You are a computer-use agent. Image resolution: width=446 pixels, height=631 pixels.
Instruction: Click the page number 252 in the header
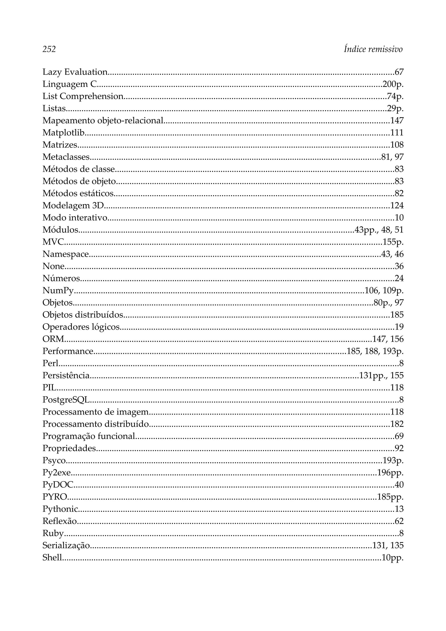[x=49, y=49]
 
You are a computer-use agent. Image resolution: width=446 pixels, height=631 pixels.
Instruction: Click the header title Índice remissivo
[x=373, y=49]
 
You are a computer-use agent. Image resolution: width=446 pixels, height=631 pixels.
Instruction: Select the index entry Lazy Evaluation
[x=75, y=72]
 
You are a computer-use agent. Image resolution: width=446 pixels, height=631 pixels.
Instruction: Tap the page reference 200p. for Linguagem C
[x=393, y=84]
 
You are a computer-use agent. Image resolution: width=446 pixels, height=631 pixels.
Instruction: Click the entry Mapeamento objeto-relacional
[x=103, y=120]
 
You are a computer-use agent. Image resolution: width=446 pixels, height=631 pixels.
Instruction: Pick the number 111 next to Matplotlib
[x=397, y=133]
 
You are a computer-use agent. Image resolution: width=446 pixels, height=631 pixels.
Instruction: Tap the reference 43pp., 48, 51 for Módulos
[x=379, y=230]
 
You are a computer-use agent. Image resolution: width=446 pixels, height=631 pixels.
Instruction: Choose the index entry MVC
[x=53, y=242]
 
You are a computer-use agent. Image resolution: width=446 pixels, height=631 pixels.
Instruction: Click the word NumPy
[x=58, y=290]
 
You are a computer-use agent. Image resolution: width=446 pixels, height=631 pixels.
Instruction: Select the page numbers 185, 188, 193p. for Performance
[x=375, y=351]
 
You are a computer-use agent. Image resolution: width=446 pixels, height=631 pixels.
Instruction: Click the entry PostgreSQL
[x=66, y=400]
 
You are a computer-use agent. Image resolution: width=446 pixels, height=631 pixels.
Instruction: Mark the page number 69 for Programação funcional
[x=399, y=436]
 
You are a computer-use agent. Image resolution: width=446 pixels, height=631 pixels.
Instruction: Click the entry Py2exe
[x=57, y=473]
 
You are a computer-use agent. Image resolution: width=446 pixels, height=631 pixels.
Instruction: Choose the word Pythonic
[x=60, y=509]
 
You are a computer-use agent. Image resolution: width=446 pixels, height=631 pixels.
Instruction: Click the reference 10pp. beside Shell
[x=392, y=558]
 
